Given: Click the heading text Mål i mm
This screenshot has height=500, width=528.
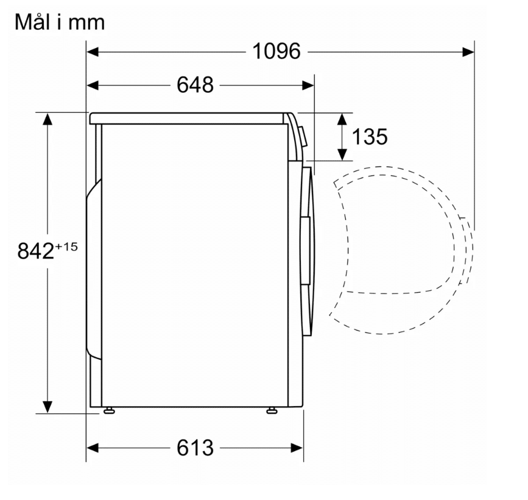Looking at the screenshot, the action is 60,23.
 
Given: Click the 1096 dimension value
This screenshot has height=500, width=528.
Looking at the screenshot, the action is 276,52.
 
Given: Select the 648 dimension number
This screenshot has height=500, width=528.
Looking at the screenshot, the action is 195,85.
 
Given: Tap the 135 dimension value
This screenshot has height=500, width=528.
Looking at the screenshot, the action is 370,137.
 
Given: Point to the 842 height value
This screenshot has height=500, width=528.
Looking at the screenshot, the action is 36,251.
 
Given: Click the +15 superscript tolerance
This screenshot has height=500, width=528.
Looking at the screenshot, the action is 66,247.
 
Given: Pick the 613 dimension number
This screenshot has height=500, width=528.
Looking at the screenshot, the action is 195,448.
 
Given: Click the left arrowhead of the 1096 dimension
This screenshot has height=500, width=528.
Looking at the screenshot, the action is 93,52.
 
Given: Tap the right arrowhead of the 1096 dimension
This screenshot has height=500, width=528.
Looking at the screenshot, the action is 468,52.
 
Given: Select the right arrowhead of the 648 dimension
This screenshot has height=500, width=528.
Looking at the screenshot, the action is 308,85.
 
